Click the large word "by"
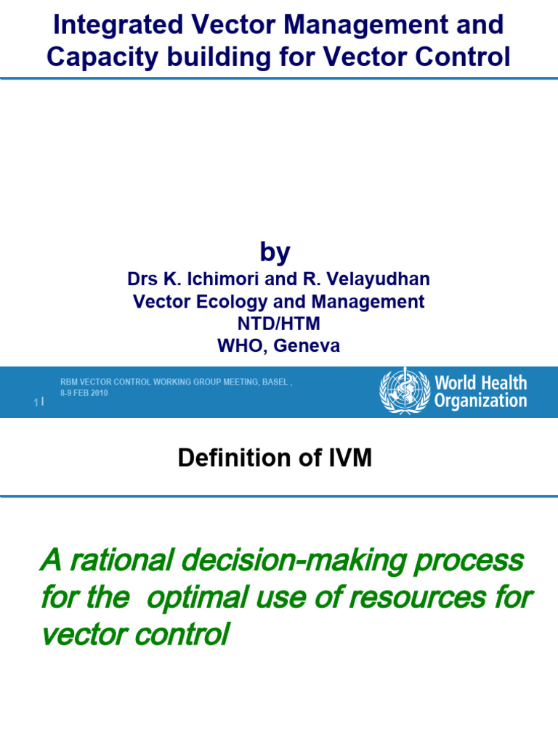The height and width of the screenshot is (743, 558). pyautogui.click(x=275, y=253)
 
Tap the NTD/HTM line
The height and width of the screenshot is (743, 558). pyautogui.click(x=279, y=324)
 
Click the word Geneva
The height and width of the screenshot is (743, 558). pyautogui.click(x=306, y=347)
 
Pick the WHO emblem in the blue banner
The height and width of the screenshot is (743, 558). pyautogui.click(x=405, y=391)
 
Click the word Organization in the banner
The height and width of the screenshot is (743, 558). pyautogui.click(x=480, y=401)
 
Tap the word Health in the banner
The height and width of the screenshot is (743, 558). pyautogui.click(x=501, y=382)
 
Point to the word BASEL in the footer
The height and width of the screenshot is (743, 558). pyautogui.click(x=276, y=382)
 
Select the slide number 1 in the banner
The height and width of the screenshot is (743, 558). pyautogui.click(x=36, y=402)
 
